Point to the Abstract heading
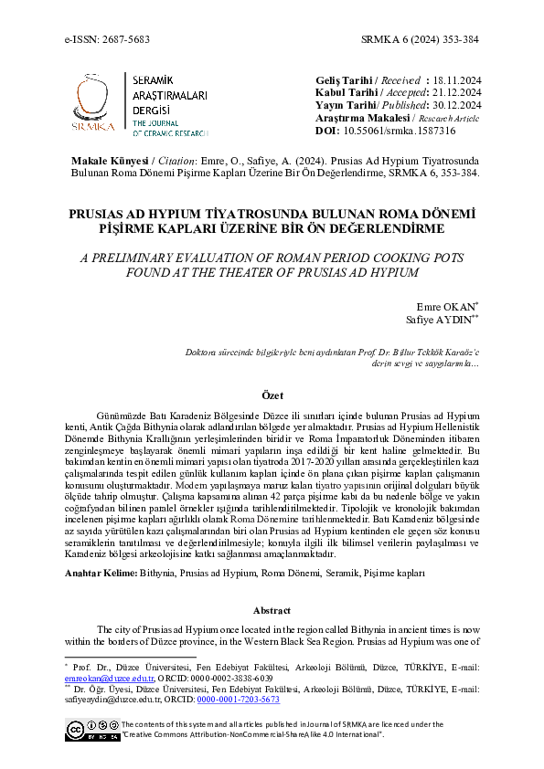point(272,610)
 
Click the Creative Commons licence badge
point(91,728)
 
